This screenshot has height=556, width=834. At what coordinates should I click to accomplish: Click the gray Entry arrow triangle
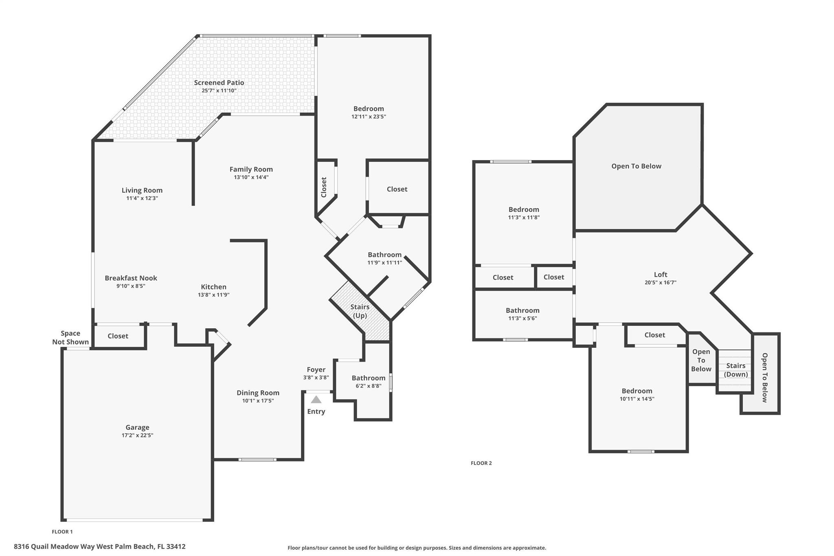pos(316,400)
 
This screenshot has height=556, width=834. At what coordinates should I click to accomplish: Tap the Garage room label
pos(137,427)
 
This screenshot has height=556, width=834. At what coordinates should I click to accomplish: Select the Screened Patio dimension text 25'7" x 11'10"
pos(219,90)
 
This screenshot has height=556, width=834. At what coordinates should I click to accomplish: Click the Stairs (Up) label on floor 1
pos(360,311)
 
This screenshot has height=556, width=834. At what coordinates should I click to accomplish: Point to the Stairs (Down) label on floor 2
pos(735,370)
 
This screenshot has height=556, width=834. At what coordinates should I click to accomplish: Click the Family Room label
pos(251,169)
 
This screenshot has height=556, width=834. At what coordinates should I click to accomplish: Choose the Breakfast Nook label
pos(131,278)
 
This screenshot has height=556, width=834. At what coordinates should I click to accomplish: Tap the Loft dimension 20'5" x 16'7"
pos(661,282)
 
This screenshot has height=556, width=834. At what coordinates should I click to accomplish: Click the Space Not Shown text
pos(70,338)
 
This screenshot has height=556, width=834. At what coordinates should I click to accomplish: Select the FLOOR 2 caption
pos(481,463)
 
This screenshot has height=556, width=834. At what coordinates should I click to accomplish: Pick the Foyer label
pos(316,369)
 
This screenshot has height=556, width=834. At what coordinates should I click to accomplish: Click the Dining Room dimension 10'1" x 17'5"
pos(258,401)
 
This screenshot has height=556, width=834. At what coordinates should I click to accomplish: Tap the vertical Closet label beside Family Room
pos(324,187)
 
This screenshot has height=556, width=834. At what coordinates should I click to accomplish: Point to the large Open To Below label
pos(636,166)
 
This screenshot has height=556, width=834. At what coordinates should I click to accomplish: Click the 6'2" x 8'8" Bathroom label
pos(368,378)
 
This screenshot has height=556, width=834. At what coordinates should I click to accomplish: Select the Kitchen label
pos(213,287)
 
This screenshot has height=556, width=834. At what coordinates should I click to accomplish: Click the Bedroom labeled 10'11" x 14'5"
pos(636,391)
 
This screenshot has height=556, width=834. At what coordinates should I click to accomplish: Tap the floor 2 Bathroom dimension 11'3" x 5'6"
pos(522,319)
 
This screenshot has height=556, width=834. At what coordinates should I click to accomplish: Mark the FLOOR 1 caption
pos(62,532)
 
